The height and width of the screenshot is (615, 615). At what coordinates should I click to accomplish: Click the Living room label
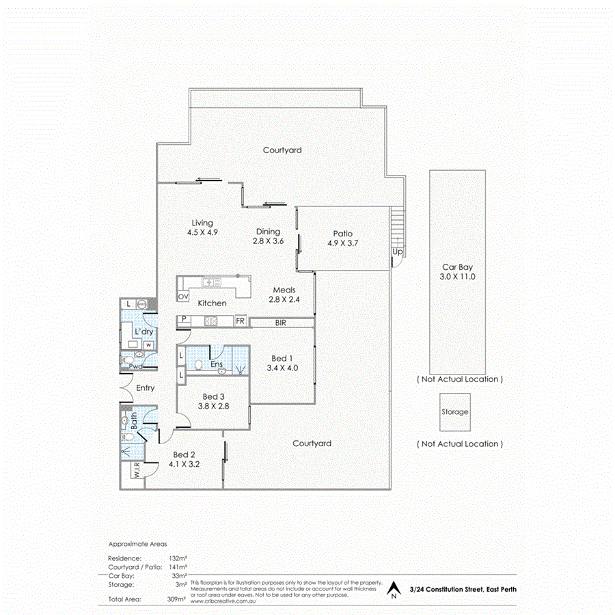pyautogui.click(x=202, y=223)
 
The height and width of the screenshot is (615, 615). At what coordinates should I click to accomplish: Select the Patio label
pyautogui.click(x=342, y=233)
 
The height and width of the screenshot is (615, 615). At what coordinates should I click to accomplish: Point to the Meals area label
pyautogui.click(x=284, y=290)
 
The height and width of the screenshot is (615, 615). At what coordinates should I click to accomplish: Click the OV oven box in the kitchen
pyautogui.click(x=182, y=297)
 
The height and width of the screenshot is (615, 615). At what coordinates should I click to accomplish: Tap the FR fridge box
pyautogui.click(x=241, y=320)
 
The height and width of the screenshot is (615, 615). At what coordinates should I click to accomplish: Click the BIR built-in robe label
pyautogui.click(x=280, y=322)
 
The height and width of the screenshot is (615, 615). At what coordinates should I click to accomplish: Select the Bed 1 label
pyautogui.click(x=282, y=359)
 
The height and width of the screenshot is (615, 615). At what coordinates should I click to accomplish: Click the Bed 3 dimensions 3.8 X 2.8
pyautogui.click(x=213, y=406)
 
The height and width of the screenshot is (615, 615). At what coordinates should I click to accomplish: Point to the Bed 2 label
pyautogui.click(x=184, y=454)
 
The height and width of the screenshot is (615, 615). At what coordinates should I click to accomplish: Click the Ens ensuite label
pyautogui.click(x=217, y=364)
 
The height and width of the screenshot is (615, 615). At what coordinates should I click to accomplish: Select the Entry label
pyautogui.click(x=145, y=387)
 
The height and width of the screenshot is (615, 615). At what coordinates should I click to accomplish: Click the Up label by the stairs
pyautogui.click(x=397, y=252)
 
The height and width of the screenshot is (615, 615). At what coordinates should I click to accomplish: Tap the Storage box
pyautogui.click(x=455, y=412)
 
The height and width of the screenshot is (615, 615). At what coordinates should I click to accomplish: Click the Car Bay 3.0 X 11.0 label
pyautogui.click(x=457, y=272)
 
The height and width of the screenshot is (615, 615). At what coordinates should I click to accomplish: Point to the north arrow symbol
pyautogui.click(x=393, y=589)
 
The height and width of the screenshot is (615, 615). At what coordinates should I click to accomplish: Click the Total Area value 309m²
pyautogui.click(x=177, y=599)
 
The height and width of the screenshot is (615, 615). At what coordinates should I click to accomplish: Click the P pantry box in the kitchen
pyautogui.click(x=184, y=320)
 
